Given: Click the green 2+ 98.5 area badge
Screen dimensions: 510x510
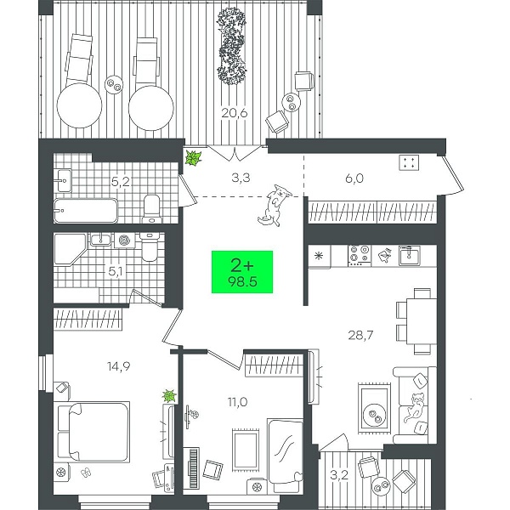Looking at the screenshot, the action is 242,272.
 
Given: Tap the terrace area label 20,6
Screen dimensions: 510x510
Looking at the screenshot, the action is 235,113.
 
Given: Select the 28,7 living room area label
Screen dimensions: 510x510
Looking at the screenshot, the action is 360,335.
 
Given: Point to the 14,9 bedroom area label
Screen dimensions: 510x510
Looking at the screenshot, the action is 119,366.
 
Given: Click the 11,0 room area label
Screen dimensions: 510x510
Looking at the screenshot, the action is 237,402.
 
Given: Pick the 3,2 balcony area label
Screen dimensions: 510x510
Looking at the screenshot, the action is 339,475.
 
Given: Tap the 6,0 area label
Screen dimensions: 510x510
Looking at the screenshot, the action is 354,178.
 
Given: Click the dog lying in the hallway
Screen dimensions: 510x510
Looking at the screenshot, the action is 275,206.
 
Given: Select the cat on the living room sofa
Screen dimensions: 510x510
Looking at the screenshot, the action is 415,408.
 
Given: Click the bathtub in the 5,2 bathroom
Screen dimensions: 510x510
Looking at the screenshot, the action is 86,211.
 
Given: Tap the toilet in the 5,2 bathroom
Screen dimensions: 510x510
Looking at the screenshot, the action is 152,209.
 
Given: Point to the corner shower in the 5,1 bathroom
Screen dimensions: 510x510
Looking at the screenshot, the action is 70,249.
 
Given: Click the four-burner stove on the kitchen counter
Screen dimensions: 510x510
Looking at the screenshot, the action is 360,255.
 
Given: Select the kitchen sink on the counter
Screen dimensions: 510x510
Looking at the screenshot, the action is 410,255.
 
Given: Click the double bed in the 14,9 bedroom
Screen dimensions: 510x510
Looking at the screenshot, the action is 93,432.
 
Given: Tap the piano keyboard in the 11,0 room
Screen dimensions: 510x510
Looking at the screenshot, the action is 194,467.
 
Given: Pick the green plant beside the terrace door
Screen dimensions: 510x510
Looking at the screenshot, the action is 193,158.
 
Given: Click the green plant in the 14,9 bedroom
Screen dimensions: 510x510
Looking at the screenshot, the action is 169,396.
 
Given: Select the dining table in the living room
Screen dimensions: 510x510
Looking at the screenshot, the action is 422,321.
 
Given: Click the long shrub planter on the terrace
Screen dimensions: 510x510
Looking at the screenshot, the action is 231,46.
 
